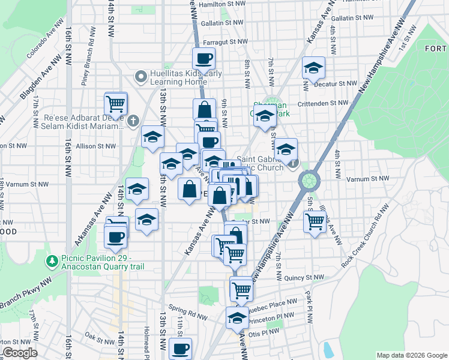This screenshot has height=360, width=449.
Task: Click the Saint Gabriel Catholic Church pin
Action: click(292, 162)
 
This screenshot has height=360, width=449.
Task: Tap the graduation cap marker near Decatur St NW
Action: click(313, 68)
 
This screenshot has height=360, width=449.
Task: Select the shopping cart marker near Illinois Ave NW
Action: click(315, 222)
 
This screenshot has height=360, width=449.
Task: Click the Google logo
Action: click(20, 353)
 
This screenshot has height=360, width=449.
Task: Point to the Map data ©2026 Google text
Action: click(411, 355)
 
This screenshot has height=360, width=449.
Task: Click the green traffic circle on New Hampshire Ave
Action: click(309, 180)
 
